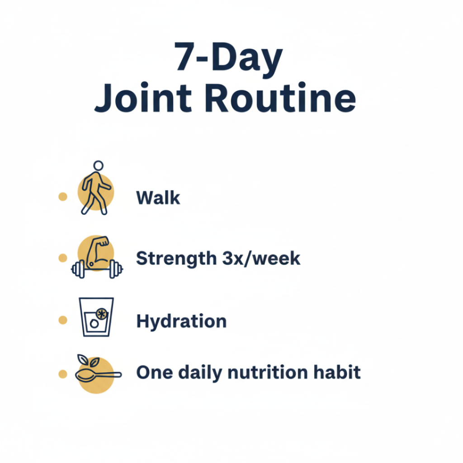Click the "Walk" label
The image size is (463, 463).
(x=158, y=198)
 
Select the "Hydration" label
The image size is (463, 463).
(x=181, y=321)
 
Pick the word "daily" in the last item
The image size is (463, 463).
(x=199, y=373)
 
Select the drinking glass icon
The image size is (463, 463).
(x=96, y=317)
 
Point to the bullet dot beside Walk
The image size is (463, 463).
(x=63, y=196)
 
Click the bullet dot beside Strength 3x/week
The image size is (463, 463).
(x=63, y=258)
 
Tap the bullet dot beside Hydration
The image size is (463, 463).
(x=63, y=320)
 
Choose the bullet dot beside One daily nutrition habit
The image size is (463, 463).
(x=63, y=374)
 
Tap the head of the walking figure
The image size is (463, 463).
(x=98, y=165)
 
